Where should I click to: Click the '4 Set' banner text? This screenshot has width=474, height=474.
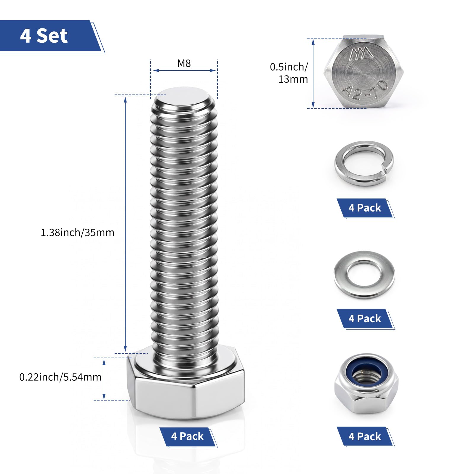(x=44, y=36)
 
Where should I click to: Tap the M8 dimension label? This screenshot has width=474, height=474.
(x=184, y=63)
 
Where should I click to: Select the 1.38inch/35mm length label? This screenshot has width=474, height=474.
(x=77, y=233)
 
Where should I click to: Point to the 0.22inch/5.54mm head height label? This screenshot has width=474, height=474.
(x=60, y=377)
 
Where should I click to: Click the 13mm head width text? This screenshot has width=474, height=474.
(x=293, y=79)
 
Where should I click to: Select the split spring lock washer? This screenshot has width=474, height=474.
(x=364, y=164)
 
